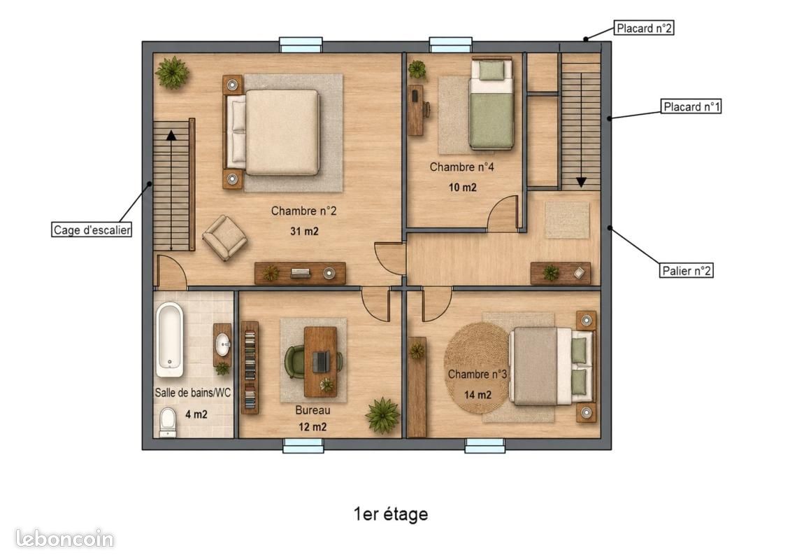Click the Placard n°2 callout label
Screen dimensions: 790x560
(644, 28)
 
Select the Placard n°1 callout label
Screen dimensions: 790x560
(691, 106)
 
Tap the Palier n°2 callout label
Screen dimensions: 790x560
(687, 271)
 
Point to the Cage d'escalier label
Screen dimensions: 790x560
(92, 230)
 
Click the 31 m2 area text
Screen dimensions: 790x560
(304, 232)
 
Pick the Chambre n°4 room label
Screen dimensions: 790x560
(462, 167)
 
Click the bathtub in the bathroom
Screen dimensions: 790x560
(169, 339)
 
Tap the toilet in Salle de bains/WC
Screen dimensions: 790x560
(168, 422)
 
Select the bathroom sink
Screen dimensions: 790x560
(223, 345)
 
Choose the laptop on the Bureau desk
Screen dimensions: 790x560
(322, 361)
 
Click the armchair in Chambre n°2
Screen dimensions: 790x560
(224, 237)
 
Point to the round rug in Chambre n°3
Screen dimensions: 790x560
(477, 367)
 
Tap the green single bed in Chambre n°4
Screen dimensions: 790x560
(491, 104)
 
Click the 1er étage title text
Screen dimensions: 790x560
(391, 514)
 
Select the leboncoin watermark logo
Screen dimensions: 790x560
(64, 539)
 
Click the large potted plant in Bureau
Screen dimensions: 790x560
(383, 415)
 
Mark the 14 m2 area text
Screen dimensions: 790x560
(477, 395)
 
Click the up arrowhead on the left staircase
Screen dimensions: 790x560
(171, 135)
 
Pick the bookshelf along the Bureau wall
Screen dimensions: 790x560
(250, 367)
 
